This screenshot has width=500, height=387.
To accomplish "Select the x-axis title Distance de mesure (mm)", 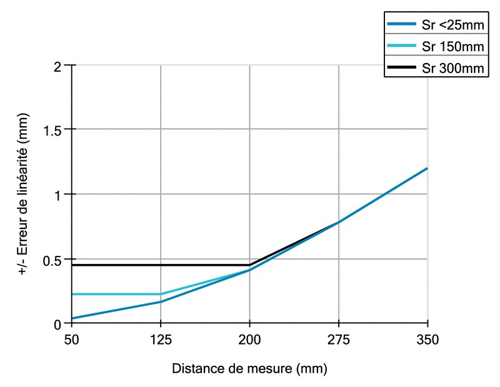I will tap(249, 368).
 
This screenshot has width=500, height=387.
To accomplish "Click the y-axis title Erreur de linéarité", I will tap(23, 194).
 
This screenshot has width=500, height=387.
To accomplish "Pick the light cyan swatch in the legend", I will tap(401, 46).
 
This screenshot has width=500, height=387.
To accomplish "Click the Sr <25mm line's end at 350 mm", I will tap(427, 168).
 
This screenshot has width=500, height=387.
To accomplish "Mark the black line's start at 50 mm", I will tap(72, 265).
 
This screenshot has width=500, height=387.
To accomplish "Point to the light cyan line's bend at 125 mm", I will tap(161, 294).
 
